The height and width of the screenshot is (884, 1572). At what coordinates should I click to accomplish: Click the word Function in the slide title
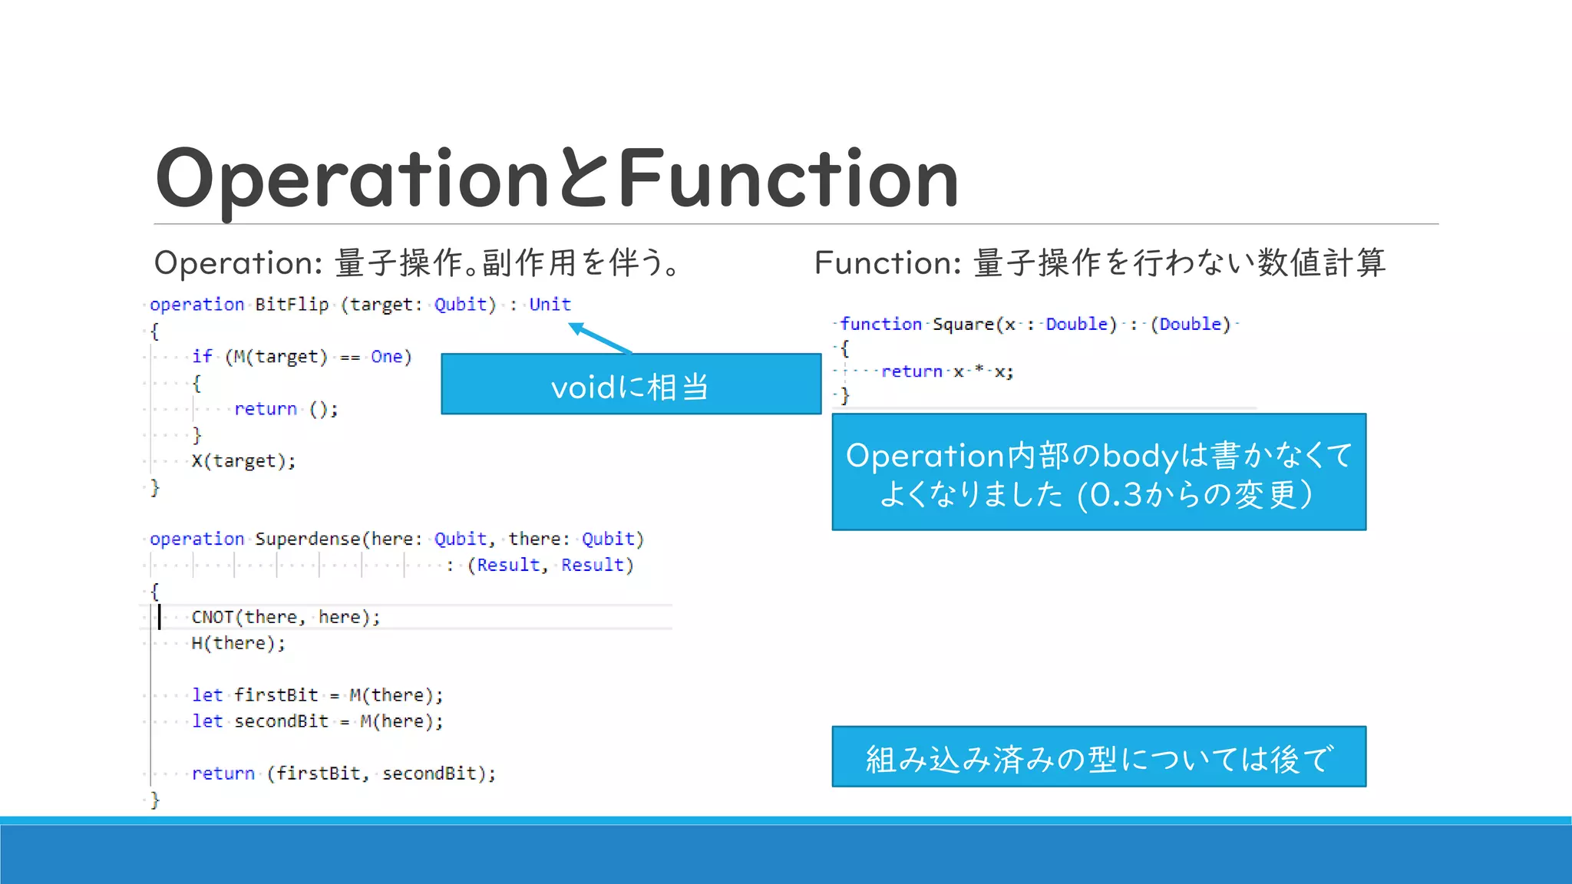tap(788, 178)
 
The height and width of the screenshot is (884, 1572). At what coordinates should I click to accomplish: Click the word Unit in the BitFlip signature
tap(550, 305)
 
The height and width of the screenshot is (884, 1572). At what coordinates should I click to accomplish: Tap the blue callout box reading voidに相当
tap(630, 384)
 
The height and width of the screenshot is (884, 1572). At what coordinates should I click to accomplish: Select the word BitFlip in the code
tap(292, 305)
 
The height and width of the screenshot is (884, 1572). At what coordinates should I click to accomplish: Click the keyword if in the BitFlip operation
tap(202, 357)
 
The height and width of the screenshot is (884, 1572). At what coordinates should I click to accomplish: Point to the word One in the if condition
tap(386, 357)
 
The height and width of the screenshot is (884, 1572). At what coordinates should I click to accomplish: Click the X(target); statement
tap(243, 461)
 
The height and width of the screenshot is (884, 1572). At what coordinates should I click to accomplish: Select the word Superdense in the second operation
tap(307, 539)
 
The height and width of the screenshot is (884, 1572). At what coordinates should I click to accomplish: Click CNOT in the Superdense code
tap(213, 617)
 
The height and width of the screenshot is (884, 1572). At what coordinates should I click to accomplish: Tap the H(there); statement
tap(238, 643)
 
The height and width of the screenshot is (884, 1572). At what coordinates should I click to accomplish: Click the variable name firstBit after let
tap(276, 695)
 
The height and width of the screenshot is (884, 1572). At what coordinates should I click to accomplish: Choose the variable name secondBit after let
tap(281, 721)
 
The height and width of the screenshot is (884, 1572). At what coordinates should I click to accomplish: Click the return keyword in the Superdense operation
tap(223, 773)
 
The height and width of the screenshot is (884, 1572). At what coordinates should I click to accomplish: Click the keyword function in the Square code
tap(880, 325)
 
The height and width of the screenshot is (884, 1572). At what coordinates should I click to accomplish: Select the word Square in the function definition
tap(963, 325)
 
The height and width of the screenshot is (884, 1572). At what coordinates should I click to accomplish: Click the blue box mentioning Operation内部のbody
tap(1098, 473)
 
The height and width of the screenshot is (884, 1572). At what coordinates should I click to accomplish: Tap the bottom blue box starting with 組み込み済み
tap(1098, 757)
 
